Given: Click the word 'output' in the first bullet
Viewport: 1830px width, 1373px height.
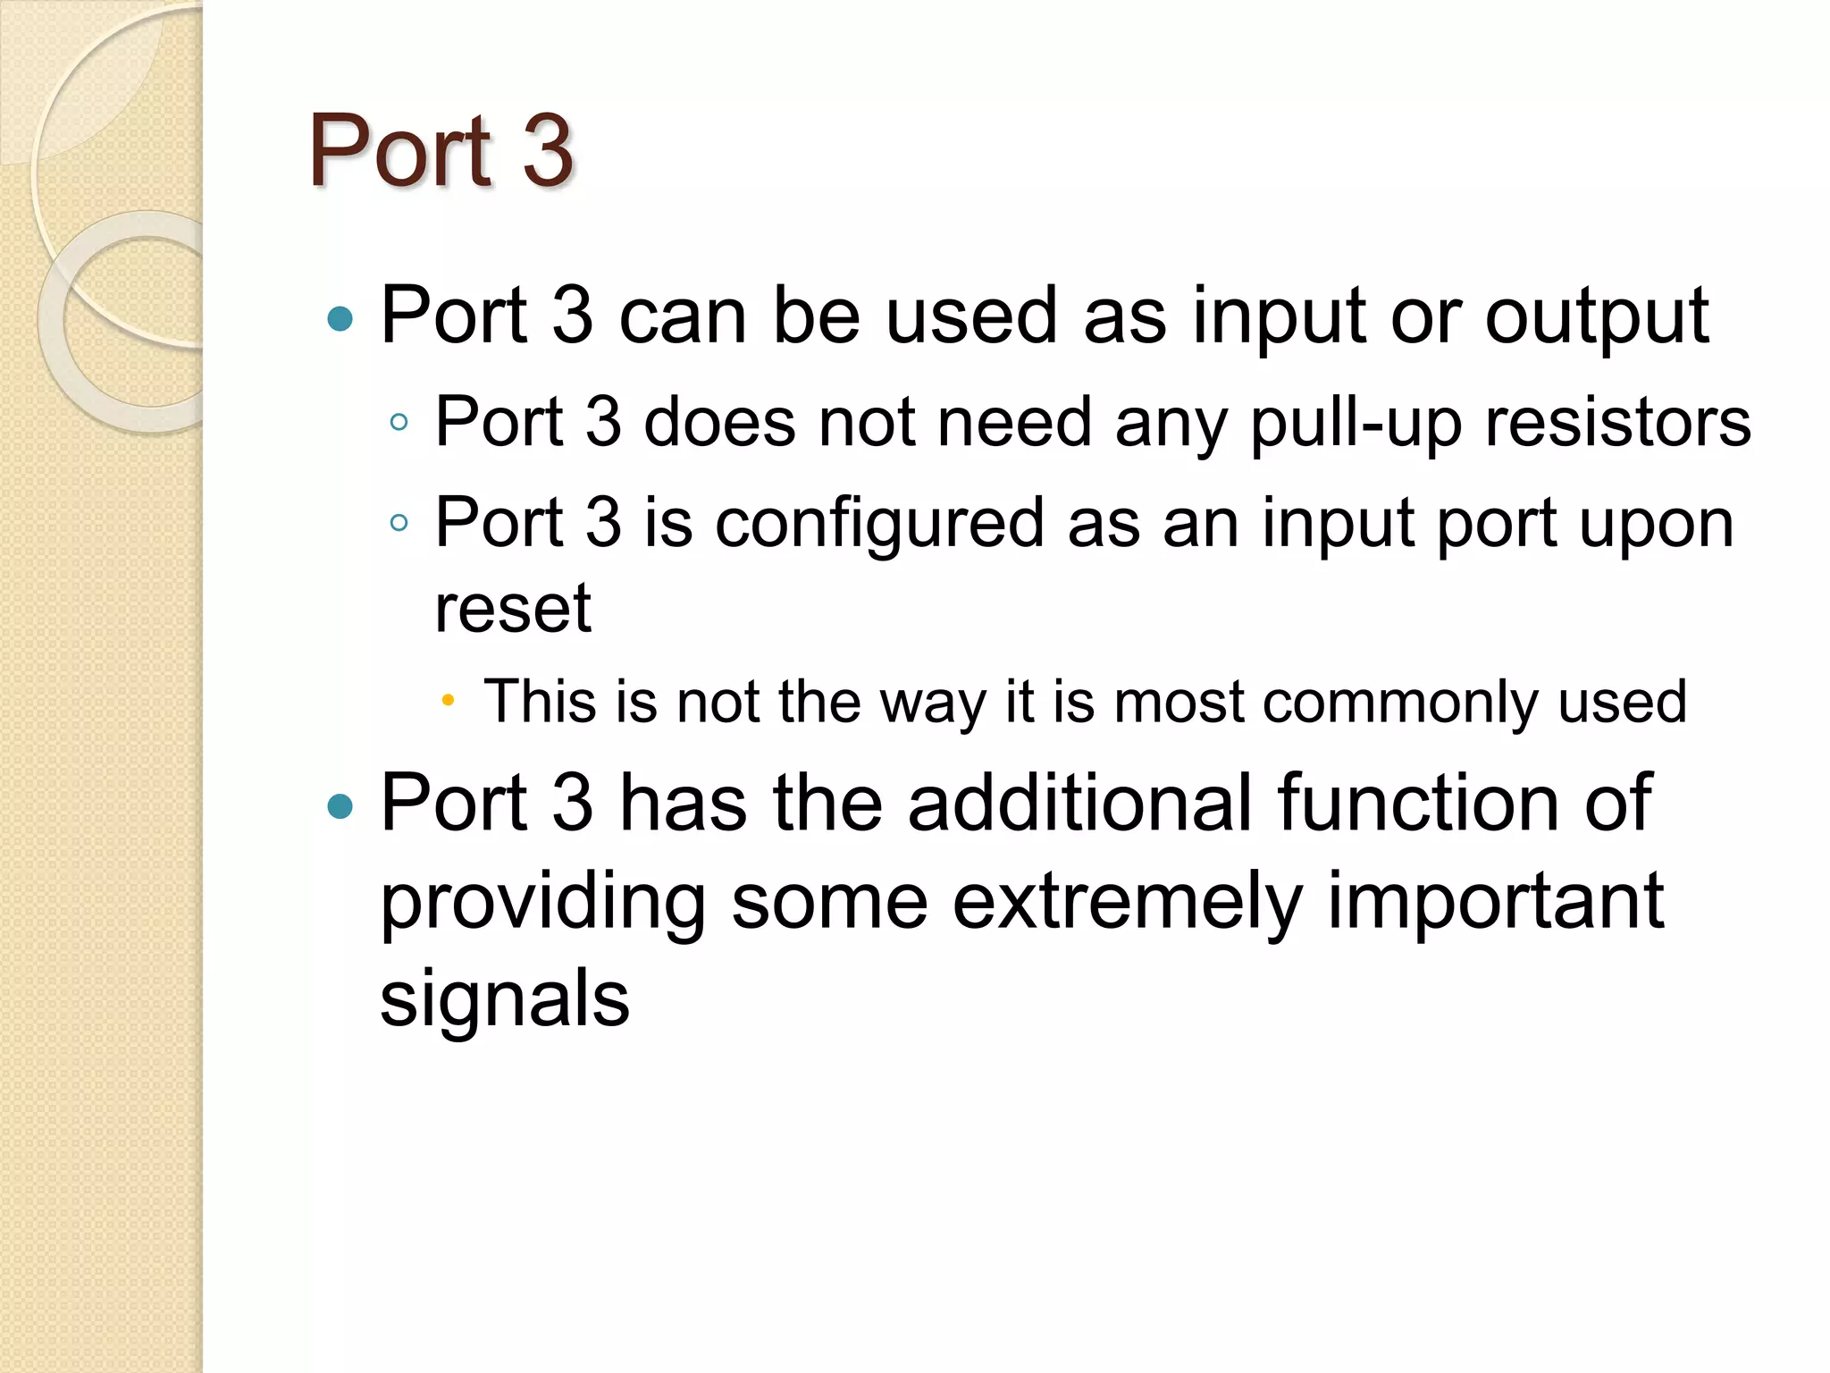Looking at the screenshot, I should pos(1597,316).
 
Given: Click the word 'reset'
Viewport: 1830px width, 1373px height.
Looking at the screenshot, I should pos(513,609).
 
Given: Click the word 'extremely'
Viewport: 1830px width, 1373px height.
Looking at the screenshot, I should pos(1127,902).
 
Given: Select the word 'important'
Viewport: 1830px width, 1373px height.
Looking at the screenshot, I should pos(1495,902).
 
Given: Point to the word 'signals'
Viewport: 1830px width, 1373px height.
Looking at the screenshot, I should pos(505,998).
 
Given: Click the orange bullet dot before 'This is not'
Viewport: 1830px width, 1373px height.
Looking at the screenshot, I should pos(448,701).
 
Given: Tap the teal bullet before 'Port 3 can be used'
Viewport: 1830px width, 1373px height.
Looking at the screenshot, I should pos(340,318).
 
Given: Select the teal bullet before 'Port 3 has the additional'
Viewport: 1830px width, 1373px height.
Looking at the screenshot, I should pos(340,806).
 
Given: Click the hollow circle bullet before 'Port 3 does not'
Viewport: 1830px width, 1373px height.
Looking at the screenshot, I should pos(399,423).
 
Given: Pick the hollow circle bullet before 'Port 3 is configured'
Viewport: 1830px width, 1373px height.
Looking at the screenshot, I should pos(399,523).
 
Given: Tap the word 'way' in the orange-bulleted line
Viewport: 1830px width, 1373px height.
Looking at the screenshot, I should pos(932,703).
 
